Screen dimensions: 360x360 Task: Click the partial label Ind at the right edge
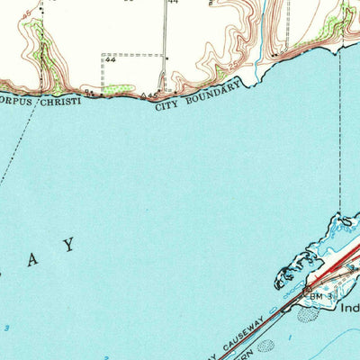349,308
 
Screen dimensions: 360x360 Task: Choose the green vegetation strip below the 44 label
117,89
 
